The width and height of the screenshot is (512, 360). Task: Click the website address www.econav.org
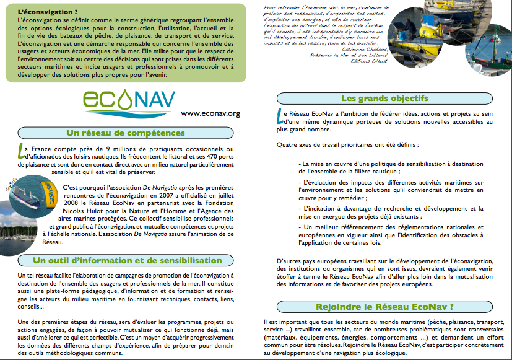pos(210,113)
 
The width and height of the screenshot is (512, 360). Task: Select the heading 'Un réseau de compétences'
pos(126,133)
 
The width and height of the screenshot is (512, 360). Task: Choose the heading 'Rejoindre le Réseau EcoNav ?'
pos(384,306)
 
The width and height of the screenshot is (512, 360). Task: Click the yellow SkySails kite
pos(47,188)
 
